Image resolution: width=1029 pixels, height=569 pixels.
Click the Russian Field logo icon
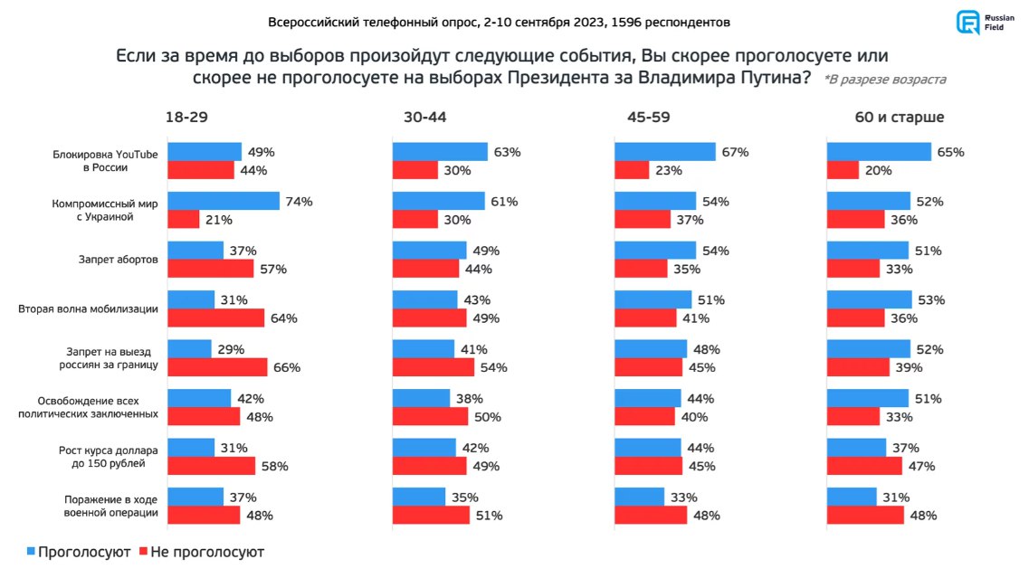click(x=968, y=23)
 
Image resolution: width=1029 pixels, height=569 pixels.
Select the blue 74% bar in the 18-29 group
click(x=224, y=201)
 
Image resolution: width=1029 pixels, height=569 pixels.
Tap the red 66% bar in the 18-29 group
click(x=218, y=366)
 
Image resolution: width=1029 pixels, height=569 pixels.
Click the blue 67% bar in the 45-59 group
click(x=665, y=152)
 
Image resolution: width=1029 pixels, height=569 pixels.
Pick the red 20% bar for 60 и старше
click(x=843, y=169)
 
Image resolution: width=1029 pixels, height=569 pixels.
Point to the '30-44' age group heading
click(x=425, y=118)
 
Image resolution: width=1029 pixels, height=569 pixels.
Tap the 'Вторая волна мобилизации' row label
click(x=89, y=309)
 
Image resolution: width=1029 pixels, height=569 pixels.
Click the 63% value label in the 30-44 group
click(x=507, y=152)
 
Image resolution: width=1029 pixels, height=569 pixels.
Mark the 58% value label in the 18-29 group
click(x=274, y=466)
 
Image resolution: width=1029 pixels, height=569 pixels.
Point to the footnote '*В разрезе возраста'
click(x=884, y=80)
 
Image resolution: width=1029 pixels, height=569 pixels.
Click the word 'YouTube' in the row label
click(x=137, y=154)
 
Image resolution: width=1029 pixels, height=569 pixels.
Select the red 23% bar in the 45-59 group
click(x=632, y=169)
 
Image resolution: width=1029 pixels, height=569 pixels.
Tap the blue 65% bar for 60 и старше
click(x=879, y=152)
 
